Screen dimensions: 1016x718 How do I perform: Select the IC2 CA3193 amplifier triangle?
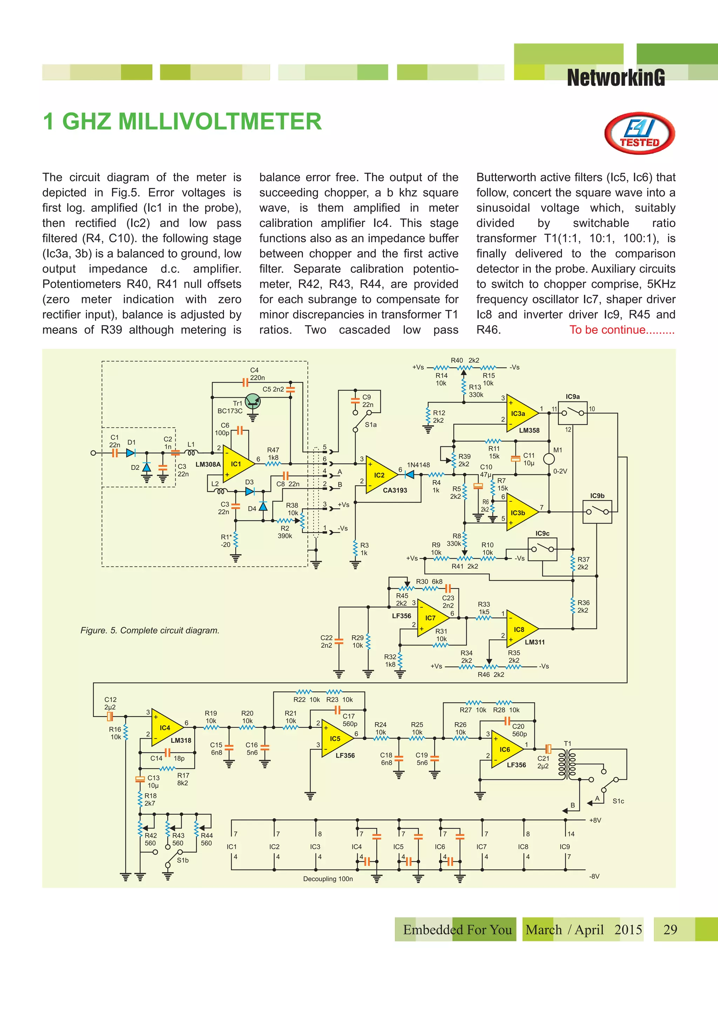coord(379,475)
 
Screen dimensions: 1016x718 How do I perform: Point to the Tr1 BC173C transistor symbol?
coord(253,401)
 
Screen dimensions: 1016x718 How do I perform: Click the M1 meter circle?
coord(549,459)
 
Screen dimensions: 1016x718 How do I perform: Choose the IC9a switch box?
coord(573,413)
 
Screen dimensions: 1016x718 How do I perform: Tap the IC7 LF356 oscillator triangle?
coord(430,618)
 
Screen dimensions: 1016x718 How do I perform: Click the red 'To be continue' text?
coord(622,330)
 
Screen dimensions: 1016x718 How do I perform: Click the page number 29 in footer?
coord(670,929)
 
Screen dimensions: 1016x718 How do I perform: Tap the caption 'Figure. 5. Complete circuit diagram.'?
coord(150,630)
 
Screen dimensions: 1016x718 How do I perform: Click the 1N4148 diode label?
coord(418,465)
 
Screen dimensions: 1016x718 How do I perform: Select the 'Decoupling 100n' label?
coord(328,879)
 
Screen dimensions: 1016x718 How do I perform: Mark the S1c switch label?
coord(618,801)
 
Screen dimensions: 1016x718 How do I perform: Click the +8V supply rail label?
coord(595,820)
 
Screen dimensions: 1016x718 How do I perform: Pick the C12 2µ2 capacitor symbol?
coord(110,716)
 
